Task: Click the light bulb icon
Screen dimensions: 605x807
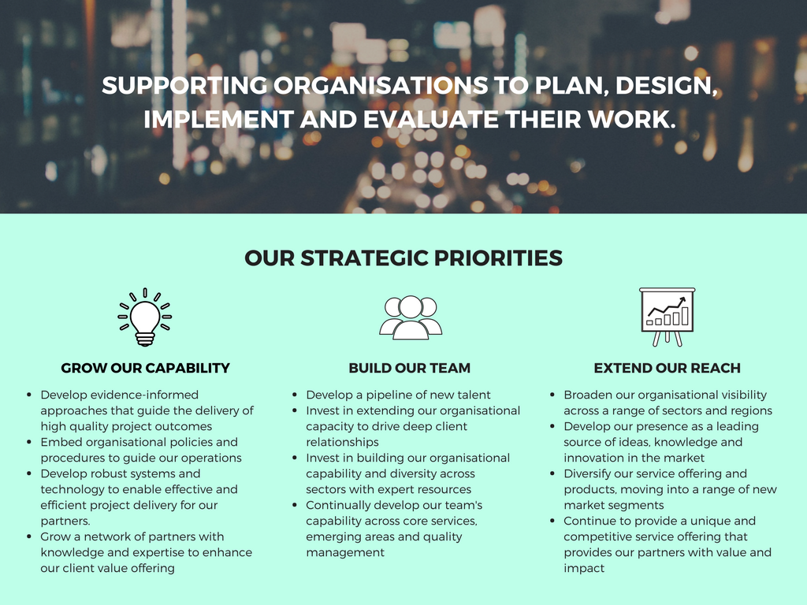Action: [x=145, y=317]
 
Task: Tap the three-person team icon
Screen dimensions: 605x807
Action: [x=410, y=317]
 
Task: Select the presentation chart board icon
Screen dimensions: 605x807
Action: [x=667, y=316]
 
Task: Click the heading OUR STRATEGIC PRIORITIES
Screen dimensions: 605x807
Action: [x=403, y=258]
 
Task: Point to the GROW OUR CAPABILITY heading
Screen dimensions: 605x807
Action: [x=146, y=368]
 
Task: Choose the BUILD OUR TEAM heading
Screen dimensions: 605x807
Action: [x=410, y=368]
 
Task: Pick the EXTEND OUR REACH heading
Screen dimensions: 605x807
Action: [x=667, y=368]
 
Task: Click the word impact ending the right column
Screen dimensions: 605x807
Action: [x=584, y=568]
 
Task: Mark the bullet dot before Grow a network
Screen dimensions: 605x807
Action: [x=29, y=536]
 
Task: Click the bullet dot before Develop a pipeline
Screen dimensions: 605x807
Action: [x=295, y=395]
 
